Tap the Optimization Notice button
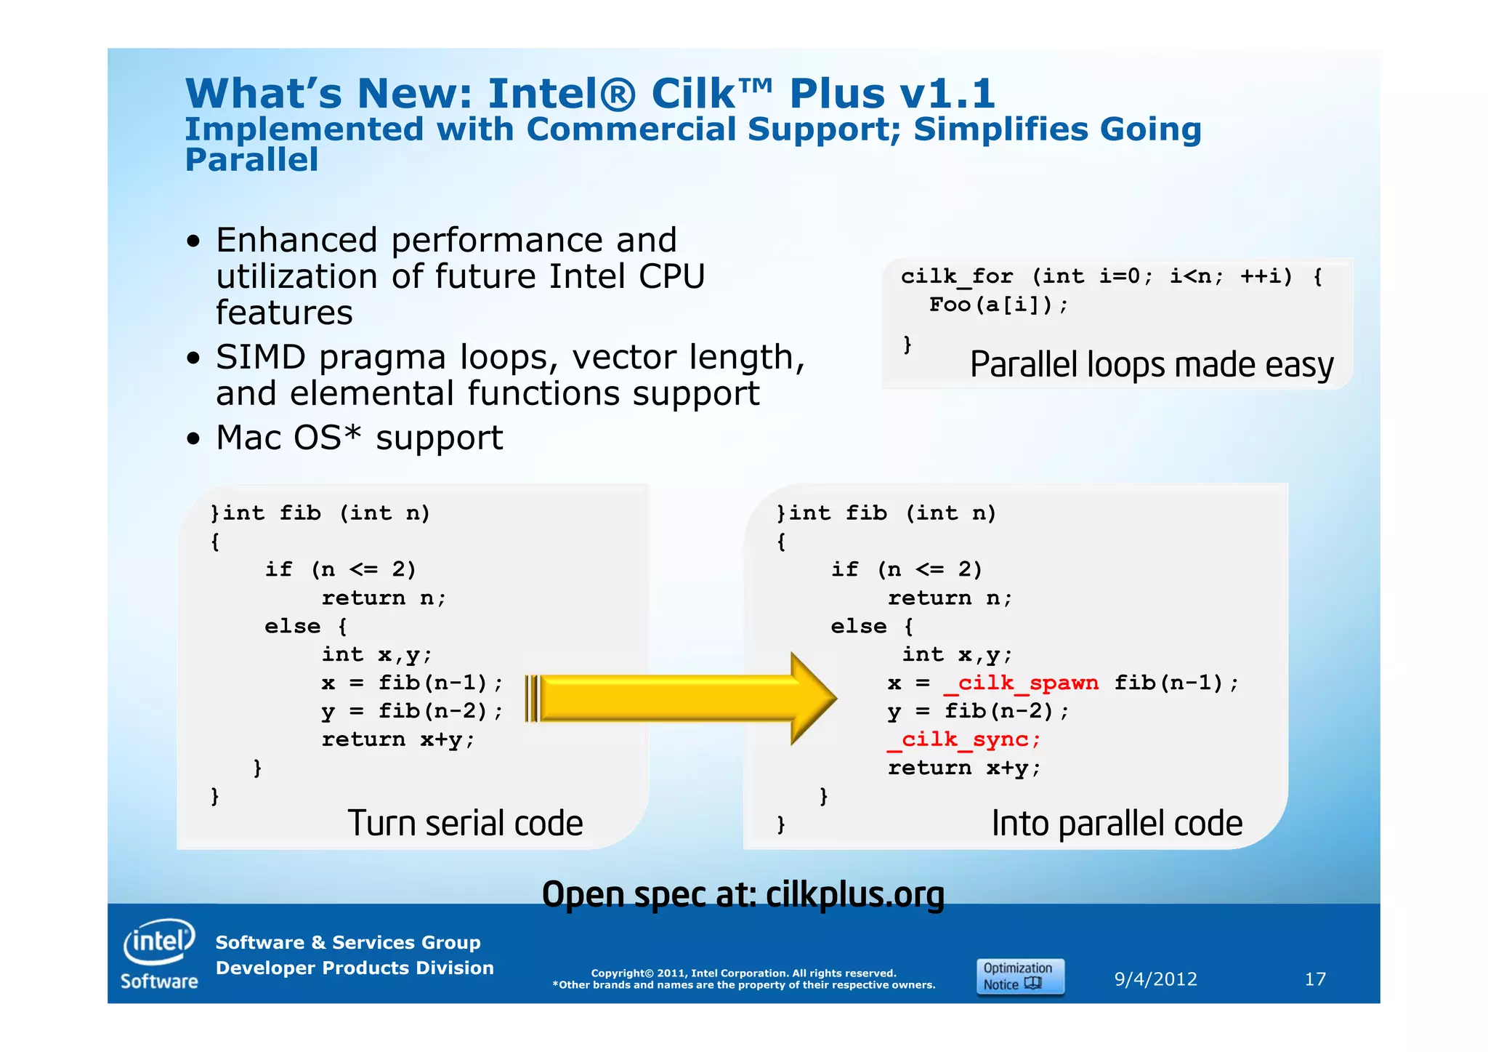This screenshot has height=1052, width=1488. click(x=1020, y=976)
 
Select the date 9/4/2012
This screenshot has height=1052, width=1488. click(x=1155, y=979)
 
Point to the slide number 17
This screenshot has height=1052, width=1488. click(x=1315, y=979)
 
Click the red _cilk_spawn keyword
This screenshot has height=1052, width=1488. click(x=1021, y=683)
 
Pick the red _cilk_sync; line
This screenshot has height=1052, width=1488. click(x=964, y=740)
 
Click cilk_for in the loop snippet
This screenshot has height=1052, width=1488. click(x=956, y=277)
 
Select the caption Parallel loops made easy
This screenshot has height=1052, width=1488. click(x=1152, y=365)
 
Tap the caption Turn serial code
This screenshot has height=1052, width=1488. click(x=465, y=824)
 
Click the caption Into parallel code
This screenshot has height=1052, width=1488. click(x=1117, y=824)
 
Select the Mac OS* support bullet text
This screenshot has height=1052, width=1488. click(x=359, y=438)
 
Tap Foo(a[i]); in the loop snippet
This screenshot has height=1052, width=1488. click(x=998, y=305)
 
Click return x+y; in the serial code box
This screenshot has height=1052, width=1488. click(x=398, y=740)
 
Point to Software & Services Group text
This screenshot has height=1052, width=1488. click(x=348, y=943)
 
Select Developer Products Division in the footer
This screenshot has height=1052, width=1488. click(x=355, y=968)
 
